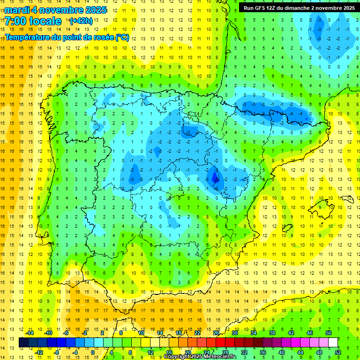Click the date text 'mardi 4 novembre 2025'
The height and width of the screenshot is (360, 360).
click(x=55, y=10)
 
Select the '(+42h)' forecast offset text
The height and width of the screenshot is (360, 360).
click(x=81, y=21)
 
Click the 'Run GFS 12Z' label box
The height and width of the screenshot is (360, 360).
click(x=299, y=8)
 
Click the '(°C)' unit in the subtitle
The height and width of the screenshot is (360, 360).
click(x=122, y=37)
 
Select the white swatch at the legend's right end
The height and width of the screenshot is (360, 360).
click(x=333, y=343)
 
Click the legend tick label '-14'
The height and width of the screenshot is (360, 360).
click(x=30, y=333)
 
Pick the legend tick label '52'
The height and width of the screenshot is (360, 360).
click(x=338, y=352)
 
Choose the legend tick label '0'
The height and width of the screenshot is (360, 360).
click(x=93, y=352)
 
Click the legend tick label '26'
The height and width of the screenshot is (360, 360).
click(x=216, y=333)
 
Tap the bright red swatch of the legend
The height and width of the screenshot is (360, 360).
click(x=221, y=343)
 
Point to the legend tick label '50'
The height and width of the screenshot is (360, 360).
click(x=328, y=333)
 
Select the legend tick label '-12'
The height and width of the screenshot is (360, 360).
click(x=39, y=352)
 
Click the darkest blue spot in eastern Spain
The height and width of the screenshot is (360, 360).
click(x=216, y=177)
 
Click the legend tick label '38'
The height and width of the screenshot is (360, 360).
click(x=272, y=333)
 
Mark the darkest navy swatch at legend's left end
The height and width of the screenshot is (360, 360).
click(x=23, y=343)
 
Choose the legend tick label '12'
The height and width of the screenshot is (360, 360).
click(x=151, y=352)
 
